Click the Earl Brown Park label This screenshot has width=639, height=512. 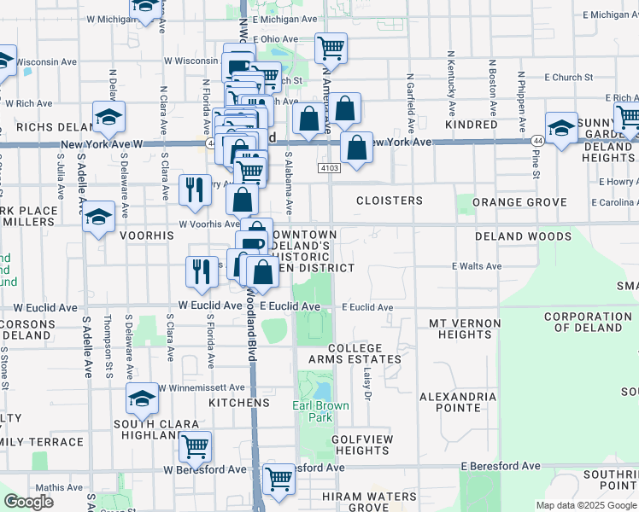click(x=320, y=412)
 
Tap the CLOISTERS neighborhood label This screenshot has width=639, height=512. click(x=389, y=201)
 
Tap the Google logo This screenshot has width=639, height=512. click(x=28, y=502)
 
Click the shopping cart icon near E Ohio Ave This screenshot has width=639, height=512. click(x=331, y=49)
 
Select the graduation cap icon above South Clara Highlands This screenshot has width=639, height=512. click(x=143, y=397)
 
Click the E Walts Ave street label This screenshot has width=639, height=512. click(x=477, y=266)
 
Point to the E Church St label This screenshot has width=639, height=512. click(x=566, y=78)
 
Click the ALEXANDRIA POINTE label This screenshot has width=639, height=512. click(x=458, y=402)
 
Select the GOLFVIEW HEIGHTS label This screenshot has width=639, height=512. click(x=362, y=444)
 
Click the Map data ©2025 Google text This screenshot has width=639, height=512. click(x=586, y=505)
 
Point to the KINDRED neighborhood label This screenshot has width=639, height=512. click(x=471, y=125)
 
